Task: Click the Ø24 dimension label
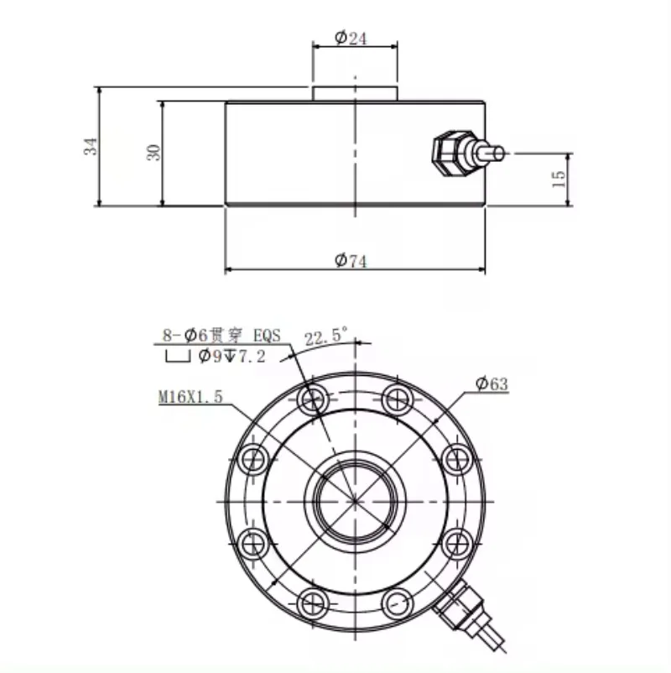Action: pos(351,38)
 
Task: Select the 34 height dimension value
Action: pos(91,146)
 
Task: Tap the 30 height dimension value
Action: pos(154,153)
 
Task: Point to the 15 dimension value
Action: pos(559,179)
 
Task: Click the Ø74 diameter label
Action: pos(351,260)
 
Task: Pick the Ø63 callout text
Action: pos(492,383)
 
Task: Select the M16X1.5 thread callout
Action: pos(191,397)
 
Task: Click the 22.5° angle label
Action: pos(326,336)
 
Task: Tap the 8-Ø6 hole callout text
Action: pos(221,335)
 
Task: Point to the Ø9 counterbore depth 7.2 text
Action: pos(232,356)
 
